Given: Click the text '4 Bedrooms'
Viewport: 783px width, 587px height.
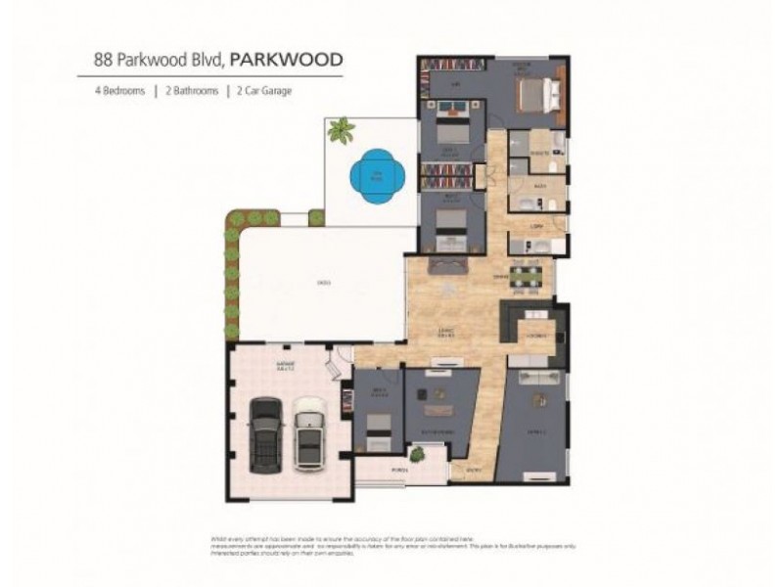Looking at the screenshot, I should pos(119,90).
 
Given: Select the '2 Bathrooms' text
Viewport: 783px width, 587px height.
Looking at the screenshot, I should pos(190,90).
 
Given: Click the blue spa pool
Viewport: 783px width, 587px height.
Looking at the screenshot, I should pos(374,176).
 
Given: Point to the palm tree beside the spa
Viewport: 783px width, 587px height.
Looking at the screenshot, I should pos(342,129).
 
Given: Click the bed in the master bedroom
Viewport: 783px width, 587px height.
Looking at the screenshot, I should pos(535,96).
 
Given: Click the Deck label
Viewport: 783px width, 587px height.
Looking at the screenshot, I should pos(322,284).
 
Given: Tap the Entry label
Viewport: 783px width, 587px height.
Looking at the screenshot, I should pos(474,471).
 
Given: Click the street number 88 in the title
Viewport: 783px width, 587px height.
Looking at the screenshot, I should pos(101,59).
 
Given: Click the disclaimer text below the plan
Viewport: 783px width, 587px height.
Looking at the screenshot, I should pos(391,544).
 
